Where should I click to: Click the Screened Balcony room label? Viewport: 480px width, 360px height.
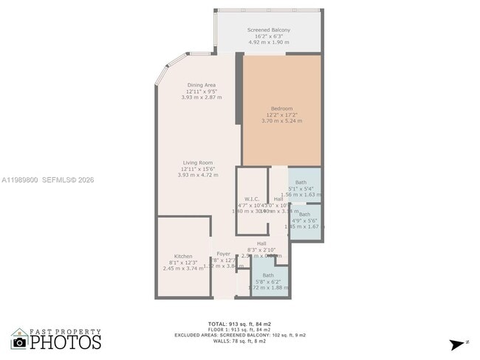coord(268,30)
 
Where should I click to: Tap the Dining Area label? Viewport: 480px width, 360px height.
coord(201,85)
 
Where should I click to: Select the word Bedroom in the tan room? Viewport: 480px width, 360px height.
coord(281,108)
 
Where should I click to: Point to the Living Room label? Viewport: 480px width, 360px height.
coord(198,162)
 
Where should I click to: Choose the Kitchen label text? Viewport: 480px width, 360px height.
coord(183,256)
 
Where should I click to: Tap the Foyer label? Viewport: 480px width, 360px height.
coord(223,253)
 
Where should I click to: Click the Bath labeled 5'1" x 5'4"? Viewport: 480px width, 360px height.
coord(301,182)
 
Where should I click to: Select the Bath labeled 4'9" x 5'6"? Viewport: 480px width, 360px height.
coord(304,214)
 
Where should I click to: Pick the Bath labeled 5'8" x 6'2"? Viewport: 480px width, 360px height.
coord(267,275)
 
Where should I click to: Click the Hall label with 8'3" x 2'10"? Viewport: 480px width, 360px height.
coord(261,243)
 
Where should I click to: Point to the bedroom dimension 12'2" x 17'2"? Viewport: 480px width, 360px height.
coord(281,115)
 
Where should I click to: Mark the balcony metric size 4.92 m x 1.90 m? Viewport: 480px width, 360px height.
coord(268,42)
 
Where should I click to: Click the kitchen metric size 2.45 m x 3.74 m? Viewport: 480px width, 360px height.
coord(183,269)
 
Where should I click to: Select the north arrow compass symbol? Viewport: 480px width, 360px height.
coord(459,344)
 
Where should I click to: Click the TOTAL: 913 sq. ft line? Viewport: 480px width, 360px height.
coord(239,324)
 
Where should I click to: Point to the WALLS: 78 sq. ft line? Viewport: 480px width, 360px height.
coord(239,341)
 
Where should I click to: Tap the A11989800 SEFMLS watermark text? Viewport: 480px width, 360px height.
coord(47,179)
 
